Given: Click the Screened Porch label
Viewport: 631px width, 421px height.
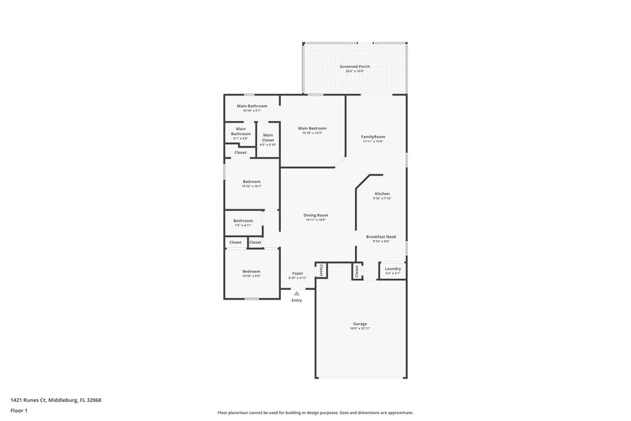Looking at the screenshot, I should [x=354, y=66].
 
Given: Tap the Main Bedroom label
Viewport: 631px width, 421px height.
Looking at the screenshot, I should [x=312, y=128].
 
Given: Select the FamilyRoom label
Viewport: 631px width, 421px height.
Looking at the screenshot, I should [x=372, y=137].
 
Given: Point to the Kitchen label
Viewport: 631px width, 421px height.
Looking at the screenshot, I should [x=382, y=194].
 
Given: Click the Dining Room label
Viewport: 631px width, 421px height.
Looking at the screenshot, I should [x=316, y=215].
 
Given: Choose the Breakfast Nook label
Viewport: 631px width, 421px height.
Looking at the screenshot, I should [x=381, y=237].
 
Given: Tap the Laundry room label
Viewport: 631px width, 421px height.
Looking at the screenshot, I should [x=392, y=269].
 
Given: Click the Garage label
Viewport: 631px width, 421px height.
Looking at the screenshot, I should [x=360, y=325].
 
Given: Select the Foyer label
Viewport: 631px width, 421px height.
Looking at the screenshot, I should [x=297, y=273].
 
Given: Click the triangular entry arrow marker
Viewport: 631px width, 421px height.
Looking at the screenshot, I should [x=297, y=292].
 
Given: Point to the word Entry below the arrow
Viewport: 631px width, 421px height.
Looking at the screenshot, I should [x=297, y=300].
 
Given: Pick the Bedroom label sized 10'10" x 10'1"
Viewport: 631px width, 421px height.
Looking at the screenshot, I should [x=251, y=182].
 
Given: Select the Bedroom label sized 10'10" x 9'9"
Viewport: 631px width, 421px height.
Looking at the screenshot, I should [x=251, y=272].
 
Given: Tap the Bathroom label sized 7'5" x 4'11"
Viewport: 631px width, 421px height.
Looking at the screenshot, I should [x=243, y=221].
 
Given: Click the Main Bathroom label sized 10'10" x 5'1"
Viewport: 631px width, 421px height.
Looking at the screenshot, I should [x=252, y=106].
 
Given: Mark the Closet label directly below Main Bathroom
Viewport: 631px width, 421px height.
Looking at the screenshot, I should [x=240, y=152].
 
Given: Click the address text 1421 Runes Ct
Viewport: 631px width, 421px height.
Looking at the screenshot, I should [x=56, y=400].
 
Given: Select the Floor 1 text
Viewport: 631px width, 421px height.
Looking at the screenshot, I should [x=19, y=412].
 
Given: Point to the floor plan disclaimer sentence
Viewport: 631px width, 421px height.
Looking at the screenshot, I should [x=315, y=412].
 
